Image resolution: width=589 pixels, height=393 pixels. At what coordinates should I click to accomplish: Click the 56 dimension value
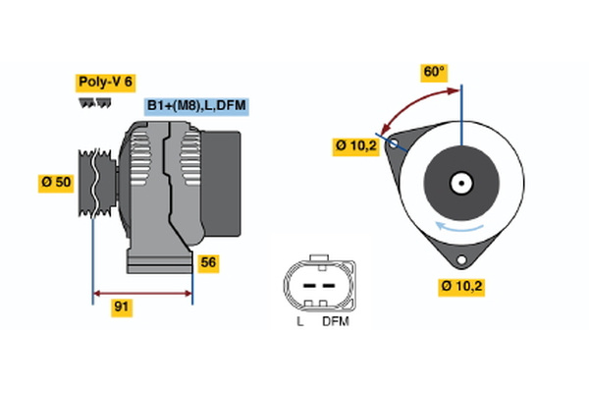point(208,262)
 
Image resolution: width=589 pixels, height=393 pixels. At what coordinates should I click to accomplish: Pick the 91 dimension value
point(122,307)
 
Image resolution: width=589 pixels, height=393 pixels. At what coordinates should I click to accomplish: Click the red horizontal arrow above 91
point(142,292)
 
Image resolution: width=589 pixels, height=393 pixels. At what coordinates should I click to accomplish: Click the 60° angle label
point(434,72)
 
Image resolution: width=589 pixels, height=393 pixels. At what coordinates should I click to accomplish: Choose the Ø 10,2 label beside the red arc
point(355,145)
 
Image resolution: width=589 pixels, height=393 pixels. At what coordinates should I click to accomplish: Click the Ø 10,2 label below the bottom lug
point(461,286)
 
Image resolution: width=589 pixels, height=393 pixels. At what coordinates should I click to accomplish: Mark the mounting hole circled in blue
point(394,143)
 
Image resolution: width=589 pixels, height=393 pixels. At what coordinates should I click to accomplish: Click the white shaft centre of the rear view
point(460,183)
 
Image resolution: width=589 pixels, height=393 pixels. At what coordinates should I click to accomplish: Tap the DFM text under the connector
point(334,321)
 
